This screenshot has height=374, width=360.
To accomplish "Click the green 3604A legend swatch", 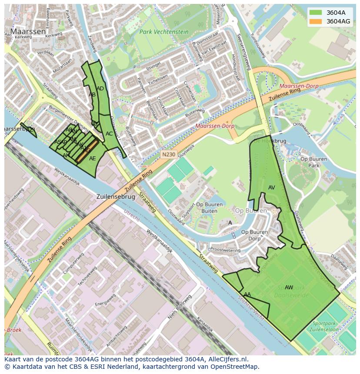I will (x=316, y=13).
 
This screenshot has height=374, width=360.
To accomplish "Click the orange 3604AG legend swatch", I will (x=316, y=21).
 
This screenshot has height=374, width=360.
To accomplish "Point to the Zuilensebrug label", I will (x=116, y=196).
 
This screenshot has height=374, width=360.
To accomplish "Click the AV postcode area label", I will (x=272, y=188).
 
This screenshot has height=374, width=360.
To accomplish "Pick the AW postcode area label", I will (x=289, y=287).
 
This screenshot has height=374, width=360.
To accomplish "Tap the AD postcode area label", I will (x=100, y=89).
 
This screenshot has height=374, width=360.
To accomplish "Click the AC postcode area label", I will (x=109, y=134).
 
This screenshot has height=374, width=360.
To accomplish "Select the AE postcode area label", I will (x=92, y=159).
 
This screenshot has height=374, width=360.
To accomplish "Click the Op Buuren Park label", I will (x=313, y=162).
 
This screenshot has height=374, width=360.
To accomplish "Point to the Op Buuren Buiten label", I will (x=207, y=208).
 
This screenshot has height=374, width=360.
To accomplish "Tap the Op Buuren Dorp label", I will (x=254, y=235).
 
